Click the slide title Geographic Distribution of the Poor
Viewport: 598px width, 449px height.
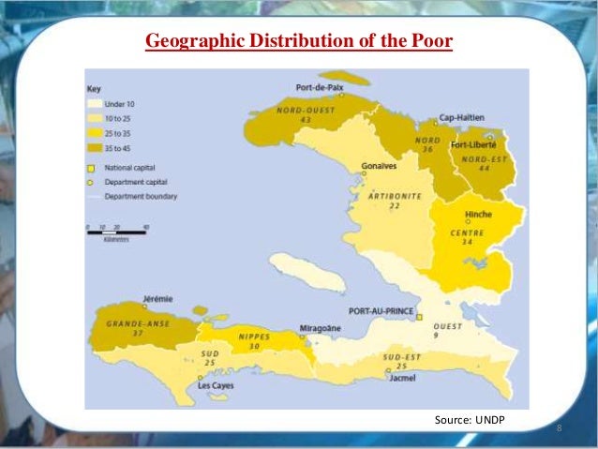[298, 41]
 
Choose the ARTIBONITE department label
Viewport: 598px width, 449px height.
[395, 196]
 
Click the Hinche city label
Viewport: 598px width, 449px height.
[478, 215]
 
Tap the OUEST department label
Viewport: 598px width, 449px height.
[447, 325]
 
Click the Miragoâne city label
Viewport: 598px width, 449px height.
[319, 327]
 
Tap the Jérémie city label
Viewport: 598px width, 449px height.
[157, 298]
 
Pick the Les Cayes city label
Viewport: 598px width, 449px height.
[217, 385]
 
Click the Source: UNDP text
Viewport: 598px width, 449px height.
[470, 419]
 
